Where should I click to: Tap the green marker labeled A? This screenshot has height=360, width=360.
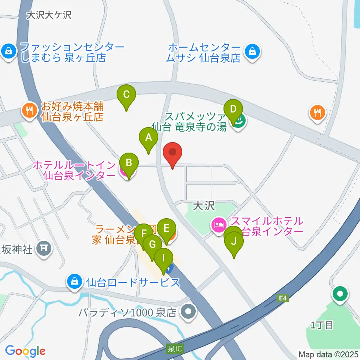coord(148,138)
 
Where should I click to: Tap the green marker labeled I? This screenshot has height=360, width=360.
coord(163,258)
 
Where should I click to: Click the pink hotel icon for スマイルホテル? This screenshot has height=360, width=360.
coord(218,225)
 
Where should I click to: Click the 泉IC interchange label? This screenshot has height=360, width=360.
coord(174,348)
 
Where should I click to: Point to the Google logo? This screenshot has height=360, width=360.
coord(25,351)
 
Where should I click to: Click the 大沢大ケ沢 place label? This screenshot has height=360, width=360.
coord(49,15)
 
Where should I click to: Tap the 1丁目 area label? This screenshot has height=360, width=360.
coord(322,325)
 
